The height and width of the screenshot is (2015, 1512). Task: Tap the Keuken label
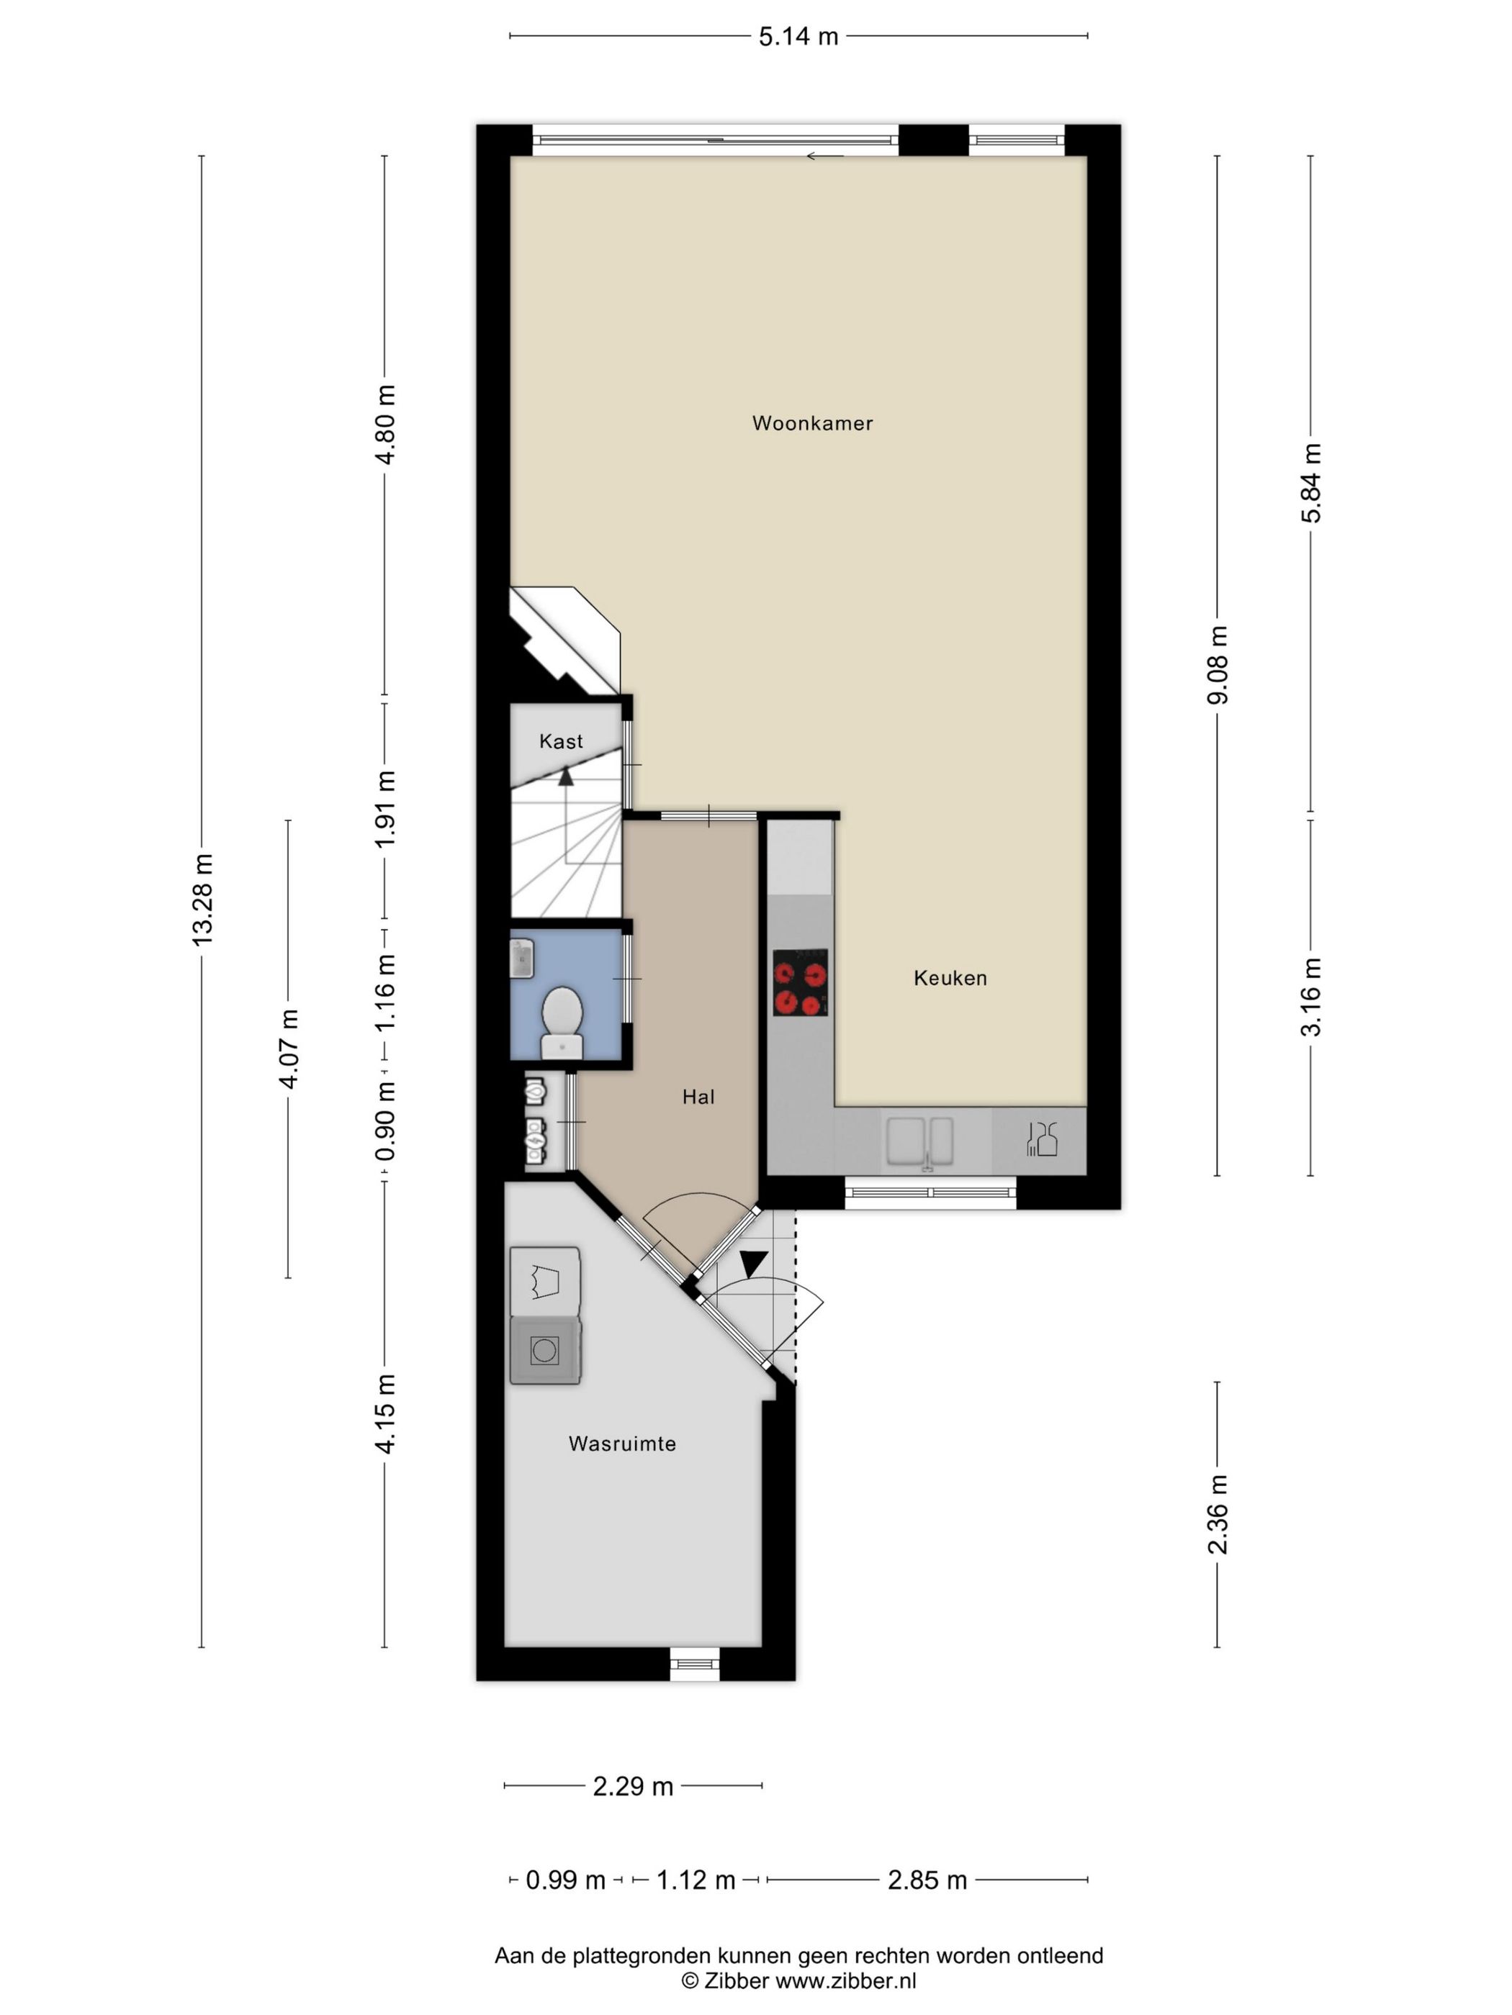pos(950,977)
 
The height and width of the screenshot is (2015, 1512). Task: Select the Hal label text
pos(698,1097)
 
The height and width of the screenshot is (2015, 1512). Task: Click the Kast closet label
pos(560,741)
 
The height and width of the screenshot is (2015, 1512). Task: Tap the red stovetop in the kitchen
pos(800,982)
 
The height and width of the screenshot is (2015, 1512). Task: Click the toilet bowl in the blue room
pos(562,1020)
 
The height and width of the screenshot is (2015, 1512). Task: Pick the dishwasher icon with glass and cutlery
pos(1041,1140)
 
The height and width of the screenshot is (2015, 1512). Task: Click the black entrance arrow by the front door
pos(754,1264)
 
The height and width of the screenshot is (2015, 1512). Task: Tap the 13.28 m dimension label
pos(202,900)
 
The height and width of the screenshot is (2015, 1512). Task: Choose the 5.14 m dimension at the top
pos(798,37)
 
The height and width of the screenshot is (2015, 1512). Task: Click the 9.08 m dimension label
pos(1218,665)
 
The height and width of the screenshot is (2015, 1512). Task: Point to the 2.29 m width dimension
pos(632,1786)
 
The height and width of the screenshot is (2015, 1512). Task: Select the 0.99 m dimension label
pos(565,1880)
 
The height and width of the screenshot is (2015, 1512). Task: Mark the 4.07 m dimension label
pos(289,1049)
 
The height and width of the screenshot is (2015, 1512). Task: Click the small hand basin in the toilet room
pos(522,959)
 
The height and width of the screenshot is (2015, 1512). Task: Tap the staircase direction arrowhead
pos(566,775)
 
